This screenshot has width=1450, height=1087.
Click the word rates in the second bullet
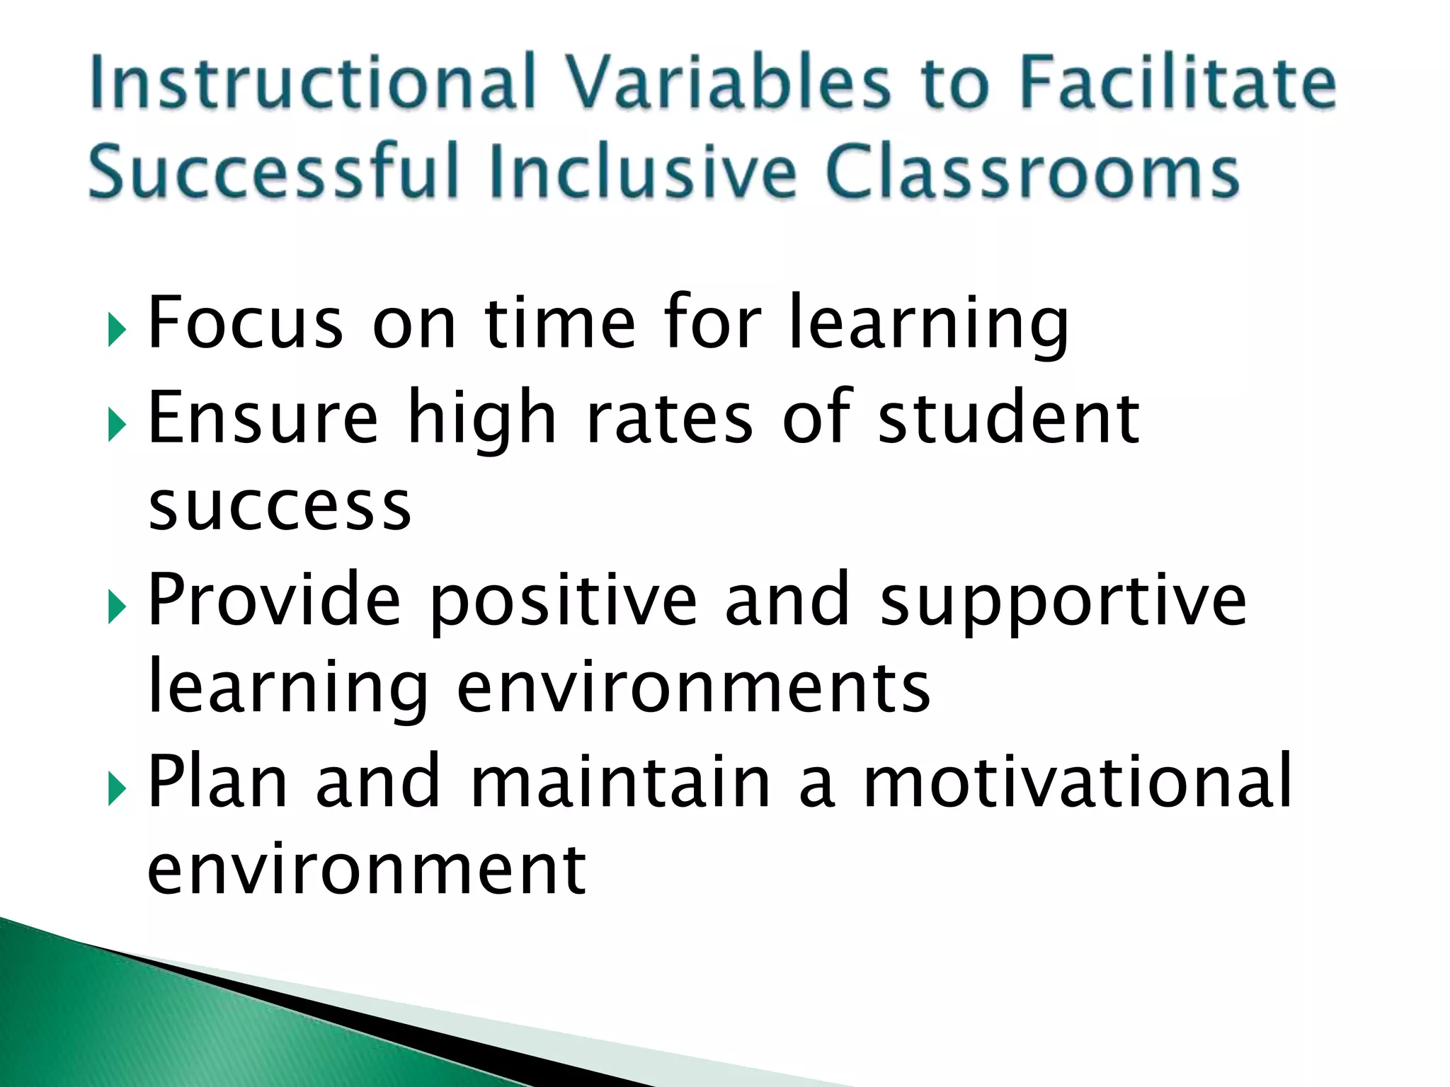(x=670, y=418)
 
